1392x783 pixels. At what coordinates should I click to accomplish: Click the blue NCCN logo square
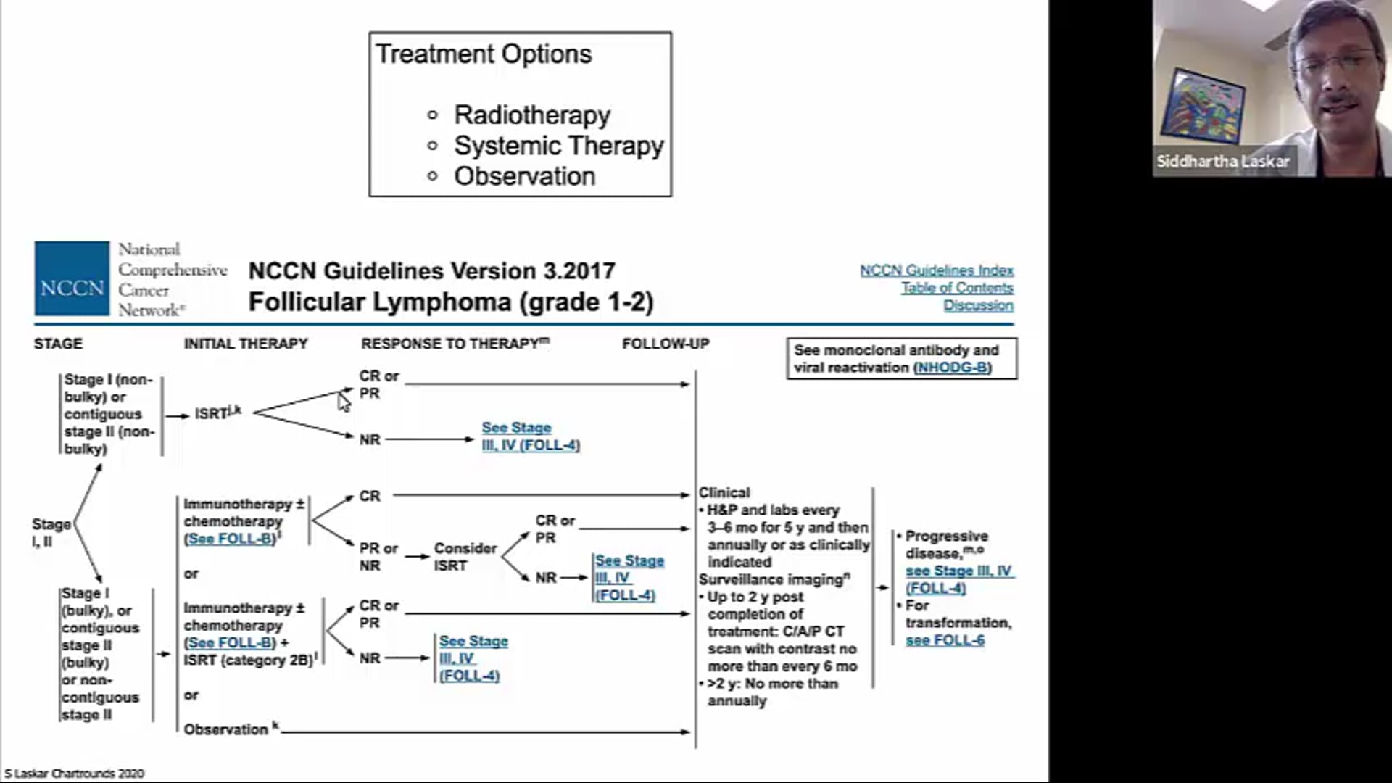(x=72, y=279)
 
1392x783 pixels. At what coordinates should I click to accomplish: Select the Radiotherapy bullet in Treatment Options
(x=531, y=115)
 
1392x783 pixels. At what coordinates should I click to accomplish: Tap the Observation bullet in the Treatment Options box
(x=524, y=176)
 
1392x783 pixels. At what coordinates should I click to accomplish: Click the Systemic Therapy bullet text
(x=558, y=146)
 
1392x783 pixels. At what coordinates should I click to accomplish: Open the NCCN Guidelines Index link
(x=936, y=270)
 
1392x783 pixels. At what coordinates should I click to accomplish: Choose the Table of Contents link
(x=957, y=288)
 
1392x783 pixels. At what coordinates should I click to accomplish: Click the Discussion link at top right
(x=978, y=305)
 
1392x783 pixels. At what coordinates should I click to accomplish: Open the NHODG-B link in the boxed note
(x=952, y=368)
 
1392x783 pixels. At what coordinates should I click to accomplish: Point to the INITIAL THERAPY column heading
(x=246, y=344)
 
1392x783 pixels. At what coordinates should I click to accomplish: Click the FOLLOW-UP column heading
(x=666, y=344)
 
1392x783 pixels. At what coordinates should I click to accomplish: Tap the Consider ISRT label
(x=465, y=557)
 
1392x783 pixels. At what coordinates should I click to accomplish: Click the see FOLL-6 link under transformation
(x=945, y=640)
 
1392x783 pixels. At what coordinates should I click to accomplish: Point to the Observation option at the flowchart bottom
(x=226, y=729)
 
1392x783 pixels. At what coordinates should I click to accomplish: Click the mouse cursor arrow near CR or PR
(x=344, y=402)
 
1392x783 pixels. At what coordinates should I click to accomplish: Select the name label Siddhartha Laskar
(x=1222, y=161)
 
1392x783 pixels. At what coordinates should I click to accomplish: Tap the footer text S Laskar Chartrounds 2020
(x=75, y=774)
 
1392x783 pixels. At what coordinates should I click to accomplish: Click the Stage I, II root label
(x=51, y=532)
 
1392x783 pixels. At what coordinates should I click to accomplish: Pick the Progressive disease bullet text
(x=946, y=544)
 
